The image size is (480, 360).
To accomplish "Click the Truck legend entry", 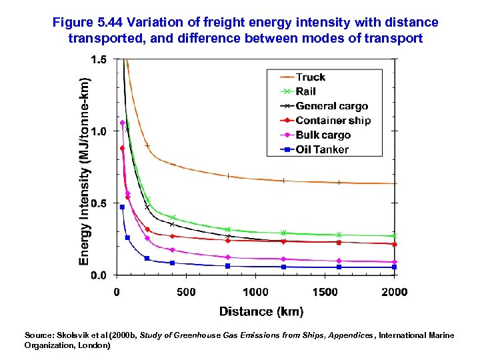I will click(311, 77).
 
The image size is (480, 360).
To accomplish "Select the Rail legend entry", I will click(305, 91).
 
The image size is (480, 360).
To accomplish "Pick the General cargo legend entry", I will click(331, 106).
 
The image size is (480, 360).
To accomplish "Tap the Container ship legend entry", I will click(333, 121).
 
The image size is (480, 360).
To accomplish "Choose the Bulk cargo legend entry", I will click(323, 135).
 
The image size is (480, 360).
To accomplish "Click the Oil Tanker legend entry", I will click(321, 149).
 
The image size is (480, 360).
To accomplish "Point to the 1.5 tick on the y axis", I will click(98, 60).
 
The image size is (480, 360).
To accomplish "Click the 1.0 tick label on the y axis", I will click(98, 131).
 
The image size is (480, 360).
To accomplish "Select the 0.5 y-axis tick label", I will click(98, 203).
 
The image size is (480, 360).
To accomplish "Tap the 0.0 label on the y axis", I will click(98, 275).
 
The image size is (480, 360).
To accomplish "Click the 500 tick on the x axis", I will click(186, 292).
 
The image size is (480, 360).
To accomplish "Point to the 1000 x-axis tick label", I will click(255, 292).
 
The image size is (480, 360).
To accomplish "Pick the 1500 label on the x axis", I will click(325, 292).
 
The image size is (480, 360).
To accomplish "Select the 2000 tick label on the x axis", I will click(394, 292).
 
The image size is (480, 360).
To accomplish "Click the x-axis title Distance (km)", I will click(261, 311).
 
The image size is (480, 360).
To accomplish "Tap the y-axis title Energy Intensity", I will click(84, 167).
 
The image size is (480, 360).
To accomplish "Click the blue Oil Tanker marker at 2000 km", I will click(394, 267).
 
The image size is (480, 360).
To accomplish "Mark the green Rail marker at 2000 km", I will click(394, 235).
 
